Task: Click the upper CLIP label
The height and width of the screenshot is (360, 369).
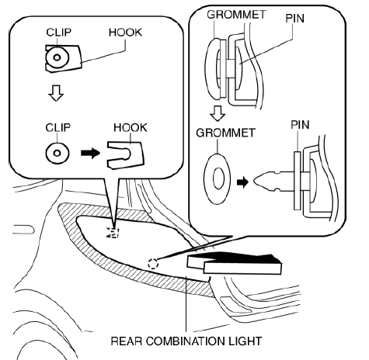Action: (x=58, y=33)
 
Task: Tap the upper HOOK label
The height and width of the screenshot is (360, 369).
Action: (x=125, y=33)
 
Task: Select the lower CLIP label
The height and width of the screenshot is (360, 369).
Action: (x=57, y=127)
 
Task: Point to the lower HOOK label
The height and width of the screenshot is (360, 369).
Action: (x=131, y=127)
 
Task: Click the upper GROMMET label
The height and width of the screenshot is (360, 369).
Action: (x=236, y=15)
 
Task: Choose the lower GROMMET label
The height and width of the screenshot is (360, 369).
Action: (x=225, y=133)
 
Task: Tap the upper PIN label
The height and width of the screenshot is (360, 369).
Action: (x=294, y=19)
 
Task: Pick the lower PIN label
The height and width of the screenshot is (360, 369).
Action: (x=300, y=125)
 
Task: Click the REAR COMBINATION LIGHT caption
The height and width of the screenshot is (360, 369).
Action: (x=186, y=341)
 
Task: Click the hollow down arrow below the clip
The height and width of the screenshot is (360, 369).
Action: (x=56, y=93)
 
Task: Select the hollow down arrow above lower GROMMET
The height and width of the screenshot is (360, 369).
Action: (x=218, y=113)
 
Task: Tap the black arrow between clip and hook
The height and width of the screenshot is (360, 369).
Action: (x=90, y=153)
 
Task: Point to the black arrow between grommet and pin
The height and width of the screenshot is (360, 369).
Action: (x=242, y=182)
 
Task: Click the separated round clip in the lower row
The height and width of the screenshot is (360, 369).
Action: (x=57, y=153)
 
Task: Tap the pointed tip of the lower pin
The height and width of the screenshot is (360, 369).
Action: (x=254, y=181)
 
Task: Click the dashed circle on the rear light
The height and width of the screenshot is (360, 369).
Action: (x=153, y=264)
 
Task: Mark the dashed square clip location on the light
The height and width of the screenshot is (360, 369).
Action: (x=113, y=232)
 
